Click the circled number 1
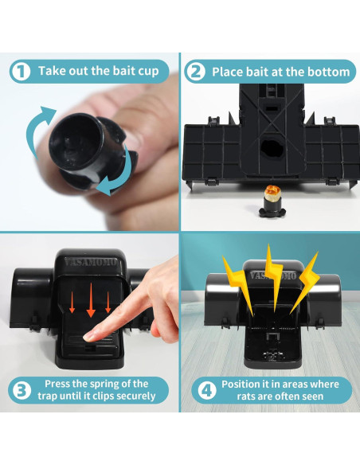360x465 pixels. tap(21, 72)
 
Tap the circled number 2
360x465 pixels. tap(195, 72)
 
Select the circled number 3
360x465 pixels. tap(21, 390)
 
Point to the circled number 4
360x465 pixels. tap(207, 391)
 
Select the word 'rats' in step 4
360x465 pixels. tap(245, 397)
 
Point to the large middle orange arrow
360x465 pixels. tap(91, 300)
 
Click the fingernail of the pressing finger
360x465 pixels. tap(88, 337)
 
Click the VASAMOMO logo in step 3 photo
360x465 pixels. tap(91, 263)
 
